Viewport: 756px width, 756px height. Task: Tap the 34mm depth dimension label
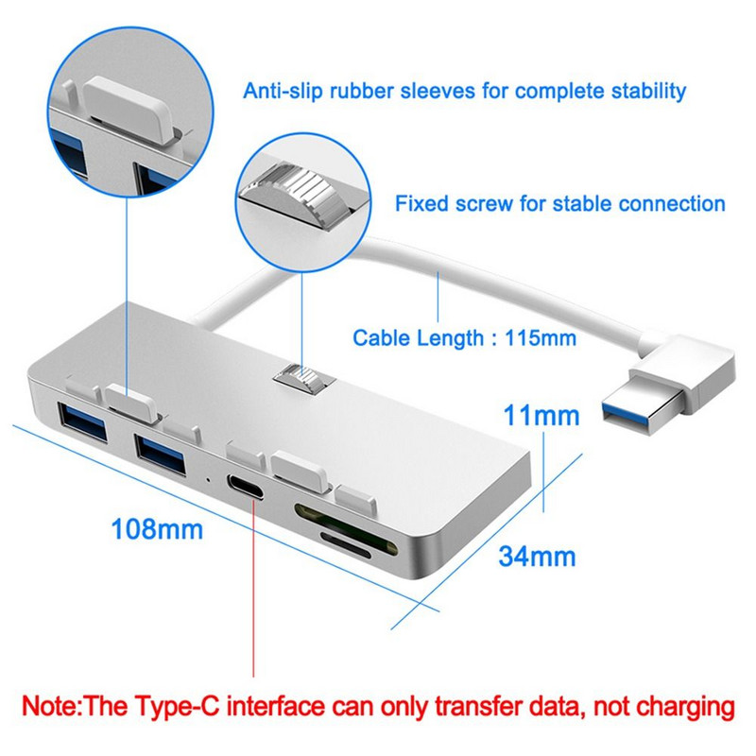pos(538,557)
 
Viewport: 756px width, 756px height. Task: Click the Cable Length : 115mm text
pos(464,336)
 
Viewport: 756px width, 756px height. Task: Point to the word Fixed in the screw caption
pos(421,203)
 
